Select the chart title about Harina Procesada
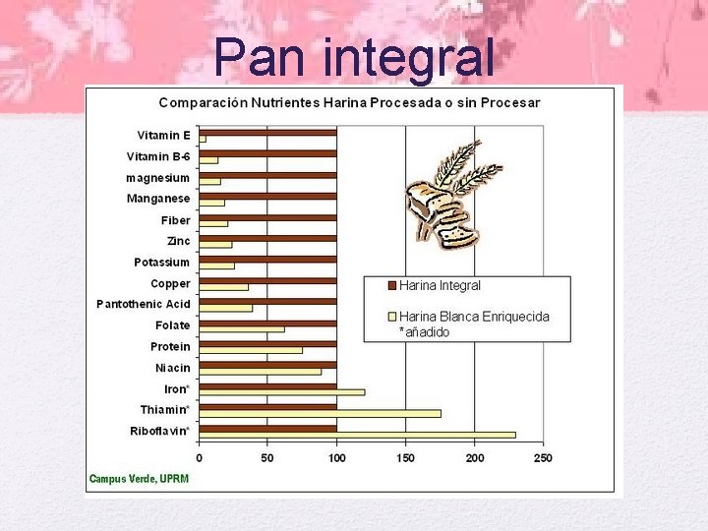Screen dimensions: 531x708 (x=349, y=102)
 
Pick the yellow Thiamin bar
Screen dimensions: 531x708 (x=320, y=413)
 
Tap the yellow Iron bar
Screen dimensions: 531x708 (x=281, y=392)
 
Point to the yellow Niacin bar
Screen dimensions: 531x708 (x=260, y=371)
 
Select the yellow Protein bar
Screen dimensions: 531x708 (x=251, y=350)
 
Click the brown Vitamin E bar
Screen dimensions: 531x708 (x=267, y=132)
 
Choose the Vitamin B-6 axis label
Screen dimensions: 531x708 (x=158, y=156)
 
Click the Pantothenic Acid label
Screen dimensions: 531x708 (x=144, y=304)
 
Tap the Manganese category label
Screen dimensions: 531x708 (x=158, y=199)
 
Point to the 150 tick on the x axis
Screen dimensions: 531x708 (x=405, y=458)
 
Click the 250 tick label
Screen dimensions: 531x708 (x=542, y=458)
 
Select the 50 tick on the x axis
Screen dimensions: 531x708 (x=267, y=458)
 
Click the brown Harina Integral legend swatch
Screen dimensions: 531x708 (x=390, y=285)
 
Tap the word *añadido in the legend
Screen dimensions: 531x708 (x=424, y=332)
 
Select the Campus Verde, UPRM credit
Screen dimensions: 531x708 (x=139, y=479)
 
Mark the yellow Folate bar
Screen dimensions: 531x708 (x=242, y=329)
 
